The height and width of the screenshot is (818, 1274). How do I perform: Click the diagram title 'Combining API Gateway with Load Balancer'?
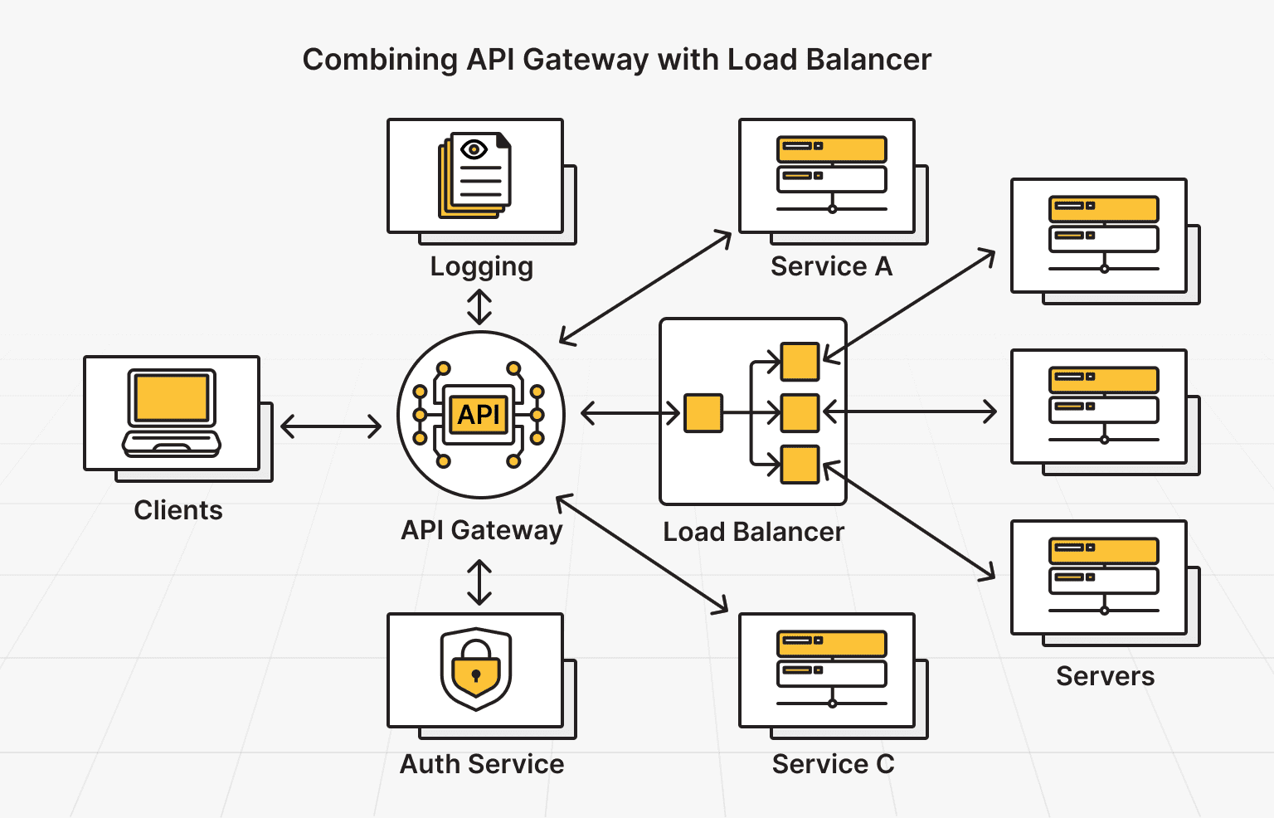pyautogui.click(x=616, y=60)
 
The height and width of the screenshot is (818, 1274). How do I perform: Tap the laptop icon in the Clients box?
pyautogui.click(x=172, y=412)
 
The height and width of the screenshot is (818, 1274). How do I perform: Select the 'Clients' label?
pyautogui.click(x=178, y=510)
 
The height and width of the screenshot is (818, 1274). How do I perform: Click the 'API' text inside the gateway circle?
pyautogui.click(x=479, y=414)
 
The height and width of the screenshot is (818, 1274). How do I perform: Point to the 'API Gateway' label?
pyautogui.click(x=482, y=530)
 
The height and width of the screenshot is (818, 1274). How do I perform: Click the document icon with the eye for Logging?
pyautogui.click(x=475, y=175)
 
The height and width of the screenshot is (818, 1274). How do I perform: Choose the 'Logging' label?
pyautogui.click(x=481, y=266)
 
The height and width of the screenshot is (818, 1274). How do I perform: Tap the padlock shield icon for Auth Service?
pyautogui.click(x=475, y=669)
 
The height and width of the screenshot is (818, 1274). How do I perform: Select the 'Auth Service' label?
pyautogui.click(x=482, y=764)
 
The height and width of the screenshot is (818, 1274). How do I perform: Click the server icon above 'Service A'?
pyautogui.click(x=832, y=173)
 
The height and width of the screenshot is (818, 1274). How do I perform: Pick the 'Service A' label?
pyautogui.click(x=831, y=266)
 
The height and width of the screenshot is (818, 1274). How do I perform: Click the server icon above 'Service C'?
pyautogui.click(x=832, y=669)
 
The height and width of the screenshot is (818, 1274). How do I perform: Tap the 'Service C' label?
pyautogui.click(x=833, y=764)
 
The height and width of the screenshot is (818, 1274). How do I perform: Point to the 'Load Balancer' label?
pyautogui.click(x=753, y=532)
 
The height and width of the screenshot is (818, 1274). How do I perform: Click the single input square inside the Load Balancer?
pyautogui.click(x=703, y=413)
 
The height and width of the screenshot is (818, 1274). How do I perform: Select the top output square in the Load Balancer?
pyautogui.click(x=800, y=362)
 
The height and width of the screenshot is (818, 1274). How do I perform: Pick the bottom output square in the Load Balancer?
pyautogui.click(x=800, y=465)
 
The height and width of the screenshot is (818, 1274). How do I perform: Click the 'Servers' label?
pyautogui.click(x=1105, y=676)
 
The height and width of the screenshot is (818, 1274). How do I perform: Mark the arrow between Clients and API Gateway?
pyautogui.click(x=331, y=427)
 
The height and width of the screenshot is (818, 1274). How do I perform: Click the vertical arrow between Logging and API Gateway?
pyautogui.click(x=479, y=307)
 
